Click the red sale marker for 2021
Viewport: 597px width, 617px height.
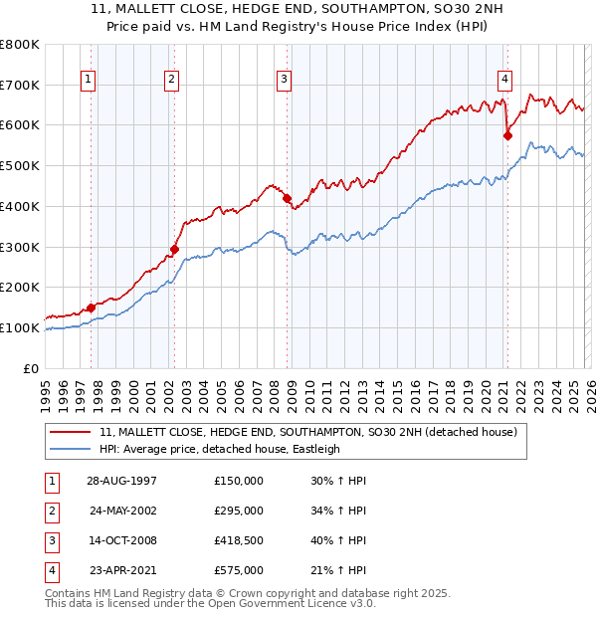pos(507,135)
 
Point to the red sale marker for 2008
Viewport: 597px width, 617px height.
pos(287,199)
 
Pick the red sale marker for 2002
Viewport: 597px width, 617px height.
pos(174,249)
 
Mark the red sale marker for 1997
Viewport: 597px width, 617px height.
pos(92,308)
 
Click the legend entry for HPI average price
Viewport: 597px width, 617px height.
pos(220,449)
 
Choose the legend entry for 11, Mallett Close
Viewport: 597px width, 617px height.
pos(308,433)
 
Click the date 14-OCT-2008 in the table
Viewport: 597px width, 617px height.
pos(121,541)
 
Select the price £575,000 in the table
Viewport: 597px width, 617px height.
pos(239,570)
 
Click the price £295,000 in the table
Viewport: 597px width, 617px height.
pos(239,511)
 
